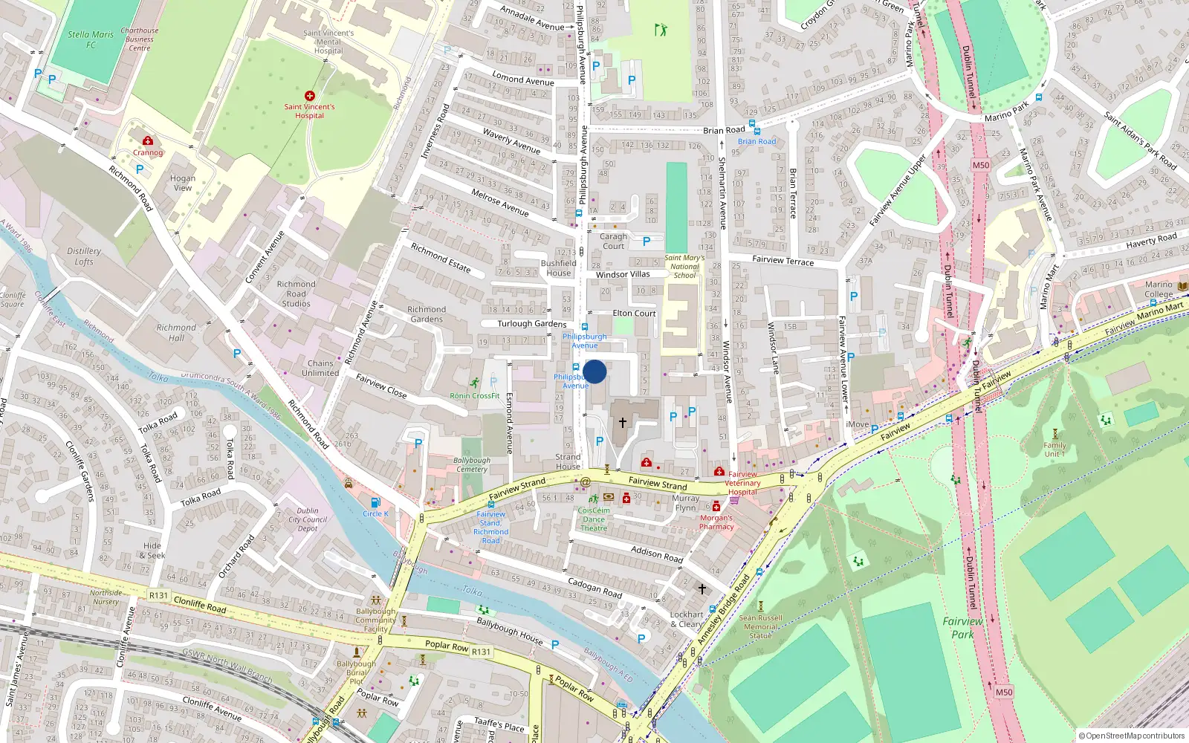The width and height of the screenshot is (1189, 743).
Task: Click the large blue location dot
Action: coord(594,371)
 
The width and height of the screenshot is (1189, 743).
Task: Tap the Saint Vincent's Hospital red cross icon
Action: coord(310,96)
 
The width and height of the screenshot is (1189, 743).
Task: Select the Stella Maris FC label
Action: coord(91,39)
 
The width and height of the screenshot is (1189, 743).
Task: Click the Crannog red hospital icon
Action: coord(148,140)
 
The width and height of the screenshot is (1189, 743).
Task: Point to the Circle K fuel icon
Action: coord(375,503)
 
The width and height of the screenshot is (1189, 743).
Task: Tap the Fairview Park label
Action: coord(962,628)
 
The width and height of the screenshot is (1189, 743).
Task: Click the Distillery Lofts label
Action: coord(84,256)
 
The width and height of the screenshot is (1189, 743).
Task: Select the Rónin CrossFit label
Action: coord(475,396)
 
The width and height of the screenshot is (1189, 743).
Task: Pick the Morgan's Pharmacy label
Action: coord(716,522)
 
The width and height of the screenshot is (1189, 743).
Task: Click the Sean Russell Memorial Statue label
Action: coord(760,626)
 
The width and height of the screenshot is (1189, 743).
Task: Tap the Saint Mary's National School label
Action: coord(684,267)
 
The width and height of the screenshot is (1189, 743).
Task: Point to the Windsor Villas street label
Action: coord(623,274)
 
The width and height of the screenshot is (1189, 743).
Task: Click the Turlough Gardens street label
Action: coord(532,324)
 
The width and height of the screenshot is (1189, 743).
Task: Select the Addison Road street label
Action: coord(657,554)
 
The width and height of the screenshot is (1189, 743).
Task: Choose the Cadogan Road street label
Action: coord(594,588)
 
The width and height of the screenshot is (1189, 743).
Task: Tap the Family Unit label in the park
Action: coord(1054,450)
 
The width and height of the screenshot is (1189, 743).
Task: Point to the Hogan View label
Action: coord(183,183)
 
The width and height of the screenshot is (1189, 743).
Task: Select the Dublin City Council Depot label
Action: coord(308,519)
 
